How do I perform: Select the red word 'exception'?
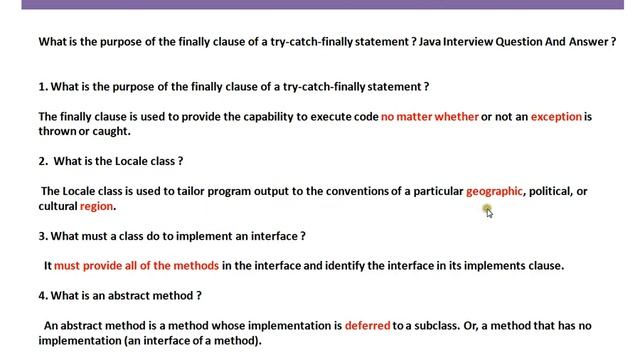click(x=556, y=116)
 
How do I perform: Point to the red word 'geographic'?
click(x=494, y=191)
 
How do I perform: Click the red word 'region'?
click(x=97, y=206)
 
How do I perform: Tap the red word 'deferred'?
click(x=367, y=325)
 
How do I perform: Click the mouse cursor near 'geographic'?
click(x=487, y=210)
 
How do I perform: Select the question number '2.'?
click(x=44, y=161)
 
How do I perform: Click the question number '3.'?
click(x=43, y=236)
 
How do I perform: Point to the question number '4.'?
click(x=43, y=295)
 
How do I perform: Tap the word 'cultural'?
click(x=58, y=206)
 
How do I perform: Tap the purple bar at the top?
click(x=320, y=4)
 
